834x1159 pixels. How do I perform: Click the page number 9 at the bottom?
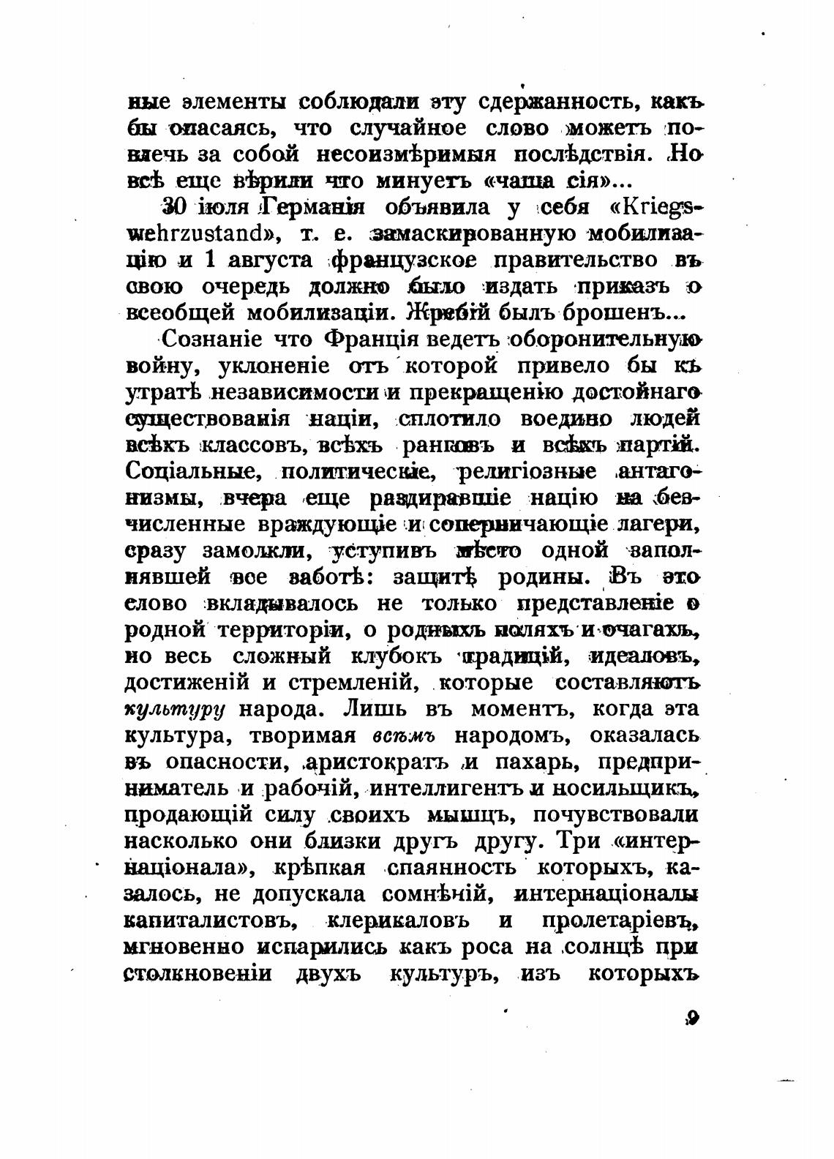click(x=694, y=1019)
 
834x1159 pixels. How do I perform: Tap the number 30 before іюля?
click(x=174, y=208)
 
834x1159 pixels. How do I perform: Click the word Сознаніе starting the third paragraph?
click(x=211, y=339)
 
